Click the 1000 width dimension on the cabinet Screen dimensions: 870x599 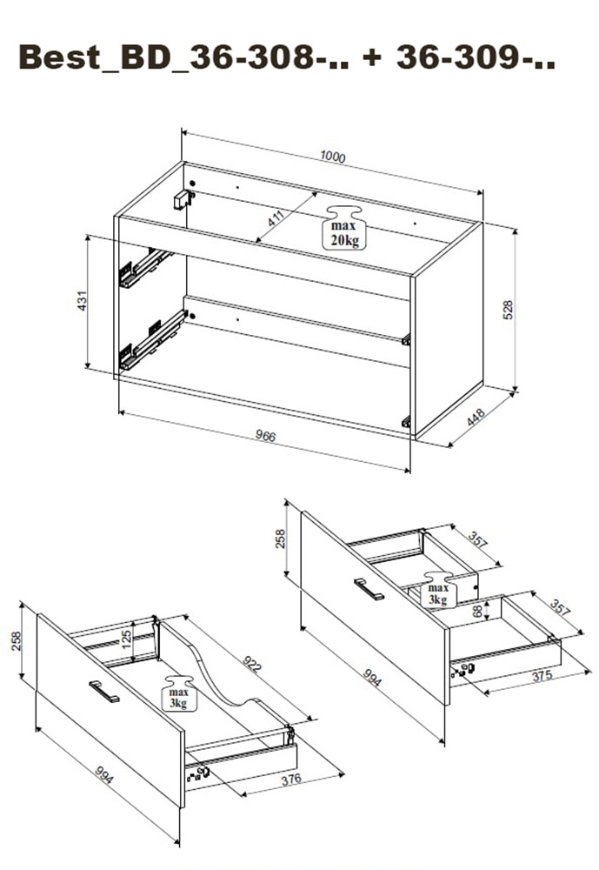[332, 157]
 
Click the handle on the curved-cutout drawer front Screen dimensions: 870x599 [104, 691]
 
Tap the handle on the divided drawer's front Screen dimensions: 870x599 [369, 589]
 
